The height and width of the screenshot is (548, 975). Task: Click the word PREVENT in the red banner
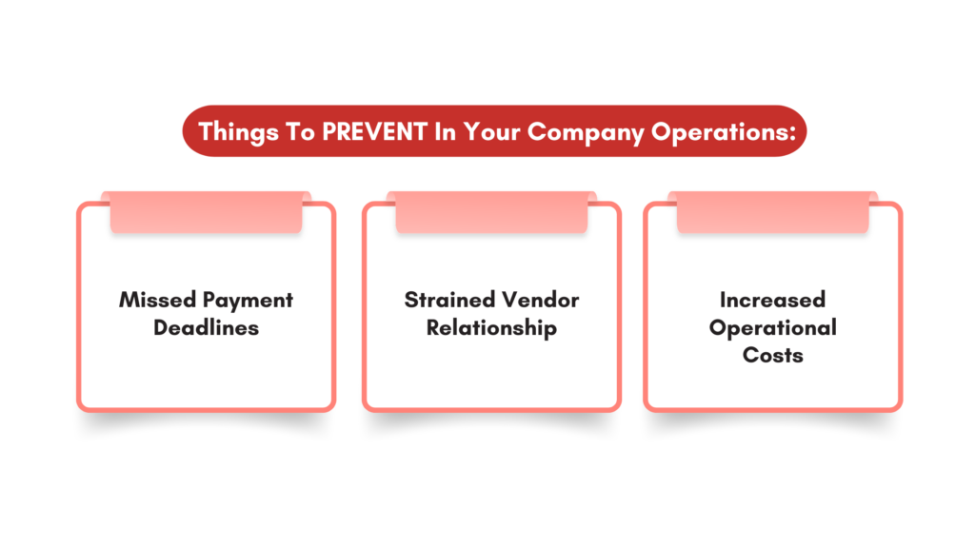374,131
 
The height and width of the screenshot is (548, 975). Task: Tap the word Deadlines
206,327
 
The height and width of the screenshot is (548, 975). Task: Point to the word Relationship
491,327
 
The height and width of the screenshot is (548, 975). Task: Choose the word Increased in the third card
772,300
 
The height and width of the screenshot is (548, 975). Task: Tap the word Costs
772,355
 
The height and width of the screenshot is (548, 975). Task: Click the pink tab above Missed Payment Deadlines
206,212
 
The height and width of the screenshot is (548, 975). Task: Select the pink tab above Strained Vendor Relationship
491,212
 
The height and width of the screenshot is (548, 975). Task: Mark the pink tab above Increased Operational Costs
772,212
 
